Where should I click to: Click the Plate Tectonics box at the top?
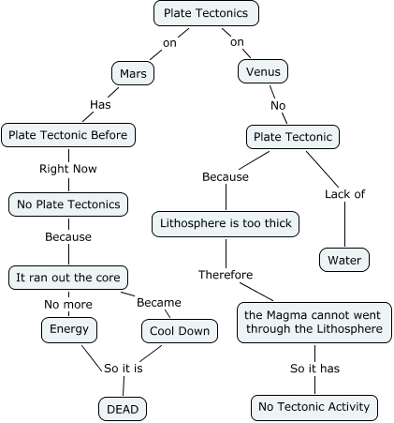pos(206,13)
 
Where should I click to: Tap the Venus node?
pos(263,71)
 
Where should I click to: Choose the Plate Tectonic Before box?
pos(68,135)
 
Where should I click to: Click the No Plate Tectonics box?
pos(68,204)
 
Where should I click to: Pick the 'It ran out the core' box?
pos(68,278)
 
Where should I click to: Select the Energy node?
pos(68,329)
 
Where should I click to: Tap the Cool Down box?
pos(180,331)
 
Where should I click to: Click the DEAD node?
pos(124,408)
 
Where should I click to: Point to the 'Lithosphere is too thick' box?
pos(226,224)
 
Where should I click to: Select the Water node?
pos(344,260)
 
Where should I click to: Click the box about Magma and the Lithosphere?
pos(313,322)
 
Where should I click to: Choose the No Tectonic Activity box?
pos(314,407)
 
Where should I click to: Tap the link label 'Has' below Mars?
pos(100,104)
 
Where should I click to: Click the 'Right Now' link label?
pos(68,170)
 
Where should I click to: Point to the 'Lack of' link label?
pos(344,194)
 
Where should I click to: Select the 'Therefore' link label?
pos(226,275)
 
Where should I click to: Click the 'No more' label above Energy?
pos(68,304)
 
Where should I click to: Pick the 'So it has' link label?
pos(314,369)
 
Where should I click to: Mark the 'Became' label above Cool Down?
pos(159,303)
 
